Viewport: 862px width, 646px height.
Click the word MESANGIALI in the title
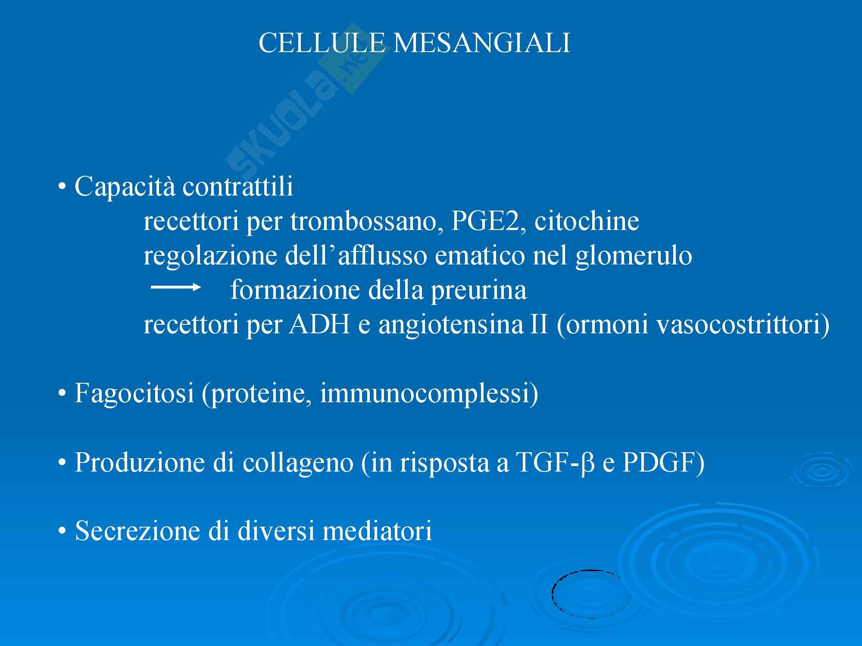coord(482,43)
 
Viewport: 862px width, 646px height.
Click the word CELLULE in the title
coord(322,43)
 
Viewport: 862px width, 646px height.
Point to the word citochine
coord(587,221)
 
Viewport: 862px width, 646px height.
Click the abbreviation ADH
coord(319,325)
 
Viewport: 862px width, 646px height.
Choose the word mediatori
coord(378,531)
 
